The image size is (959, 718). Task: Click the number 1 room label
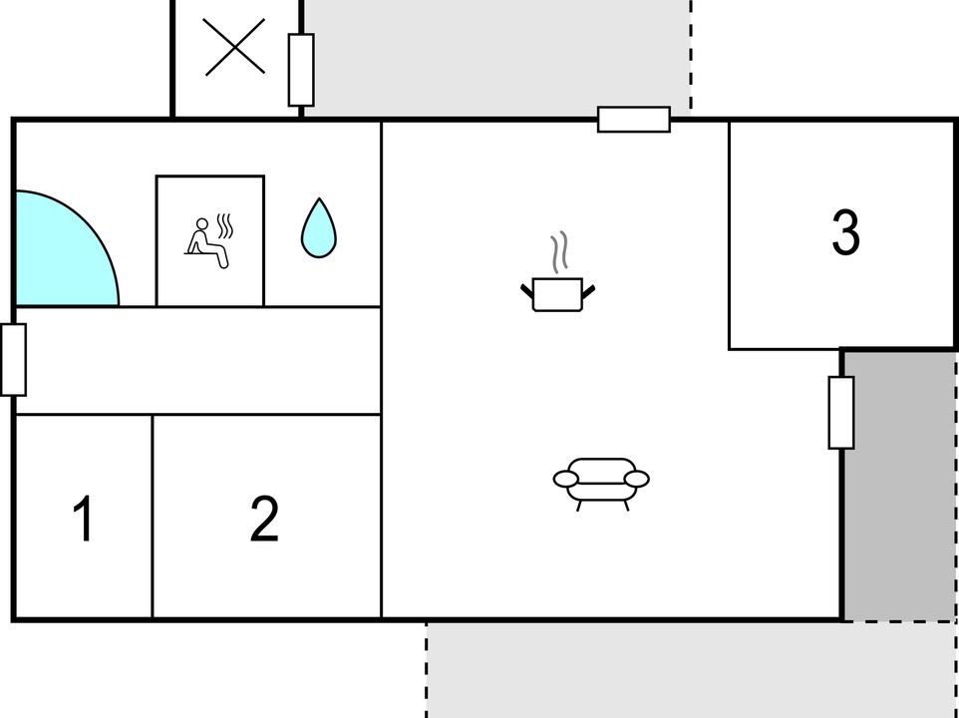(x=84, y=519)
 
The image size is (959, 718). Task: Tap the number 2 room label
(x=265, y=519)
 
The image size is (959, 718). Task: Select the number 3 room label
(x=845, y=232)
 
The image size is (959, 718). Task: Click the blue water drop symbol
(x=319, y=227)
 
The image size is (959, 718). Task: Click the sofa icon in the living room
(x=601, y=484)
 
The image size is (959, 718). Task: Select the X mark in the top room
(x=234, y=47)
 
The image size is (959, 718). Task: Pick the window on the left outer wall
(x=13, y=360)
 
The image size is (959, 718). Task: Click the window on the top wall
(x=634, y=120)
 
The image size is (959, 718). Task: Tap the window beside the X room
(x=301, y=70)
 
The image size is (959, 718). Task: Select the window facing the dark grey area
(x=841, y=413)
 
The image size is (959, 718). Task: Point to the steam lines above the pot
(x=559, y=252)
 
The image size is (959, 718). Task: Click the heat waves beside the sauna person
(x=225, y=225)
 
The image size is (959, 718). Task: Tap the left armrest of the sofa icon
(x=566, y=479)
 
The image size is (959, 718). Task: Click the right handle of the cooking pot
(x=588, y=292)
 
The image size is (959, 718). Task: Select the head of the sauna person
(x=201, y=223)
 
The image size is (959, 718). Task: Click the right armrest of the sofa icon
(x=637, y=479)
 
